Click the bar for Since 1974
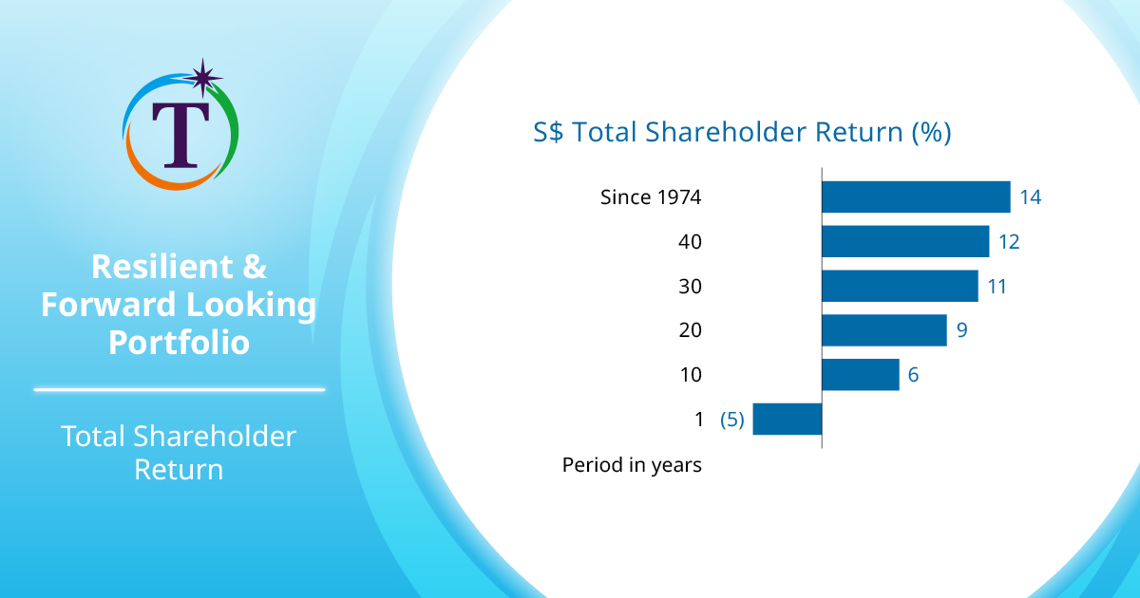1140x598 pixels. (x=915, y=197)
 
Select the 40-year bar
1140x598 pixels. (x=904, y=242)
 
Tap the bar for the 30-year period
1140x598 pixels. (x=899, y=286)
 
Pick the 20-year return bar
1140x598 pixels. (x=883, y=330)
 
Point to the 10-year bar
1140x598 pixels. (x=860, y=375)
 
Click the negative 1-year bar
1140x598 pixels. (x=787, y=419)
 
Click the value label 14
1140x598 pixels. (x=1031, y=197)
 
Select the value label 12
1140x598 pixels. (x=1009, y=242)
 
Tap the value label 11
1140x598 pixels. (x=997, y=286)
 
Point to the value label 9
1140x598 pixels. (x=961, y=330)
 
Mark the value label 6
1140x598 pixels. (x=913, y=375)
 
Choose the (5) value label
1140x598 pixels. (x=731, y=419)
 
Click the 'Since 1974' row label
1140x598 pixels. (x=651, y=197)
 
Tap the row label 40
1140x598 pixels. (x=690, y=242)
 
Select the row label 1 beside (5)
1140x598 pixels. (x=699, y=419)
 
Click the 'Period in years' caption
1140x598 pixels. (x=632, y=465)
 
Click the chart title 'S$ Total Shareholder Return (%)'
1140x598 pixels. (x=742, y=132)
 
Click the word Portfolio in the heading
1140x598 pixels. (x=180, y=342)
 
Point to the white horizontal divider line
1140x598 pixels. (x=180, y=389)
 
